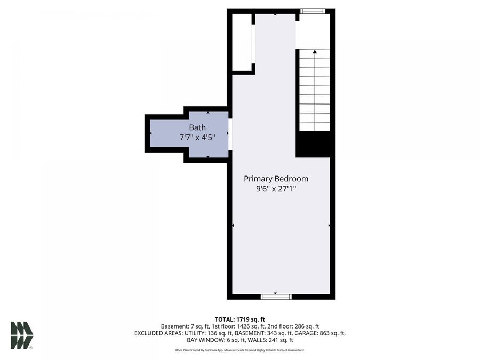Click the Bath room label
click(197, 127)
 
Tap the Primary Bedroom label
click(276, 179)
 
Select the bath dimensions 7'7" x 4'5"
click(197, 138)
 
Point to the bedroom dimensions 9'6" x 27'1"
click(276, 189)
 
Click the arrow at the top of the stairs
click(315, 52)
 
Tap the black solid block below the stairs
click(315, 144)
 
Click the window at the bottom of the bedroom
click(276, 295)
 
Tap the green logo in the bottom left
click(21, 335)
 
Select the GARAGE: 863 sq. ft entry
click(321, 333)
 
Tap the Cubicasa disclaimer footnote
click(240, 350)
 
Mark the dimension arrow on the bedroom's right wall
click(330, 226)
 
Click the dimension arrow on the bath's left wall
click(151, 133)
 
